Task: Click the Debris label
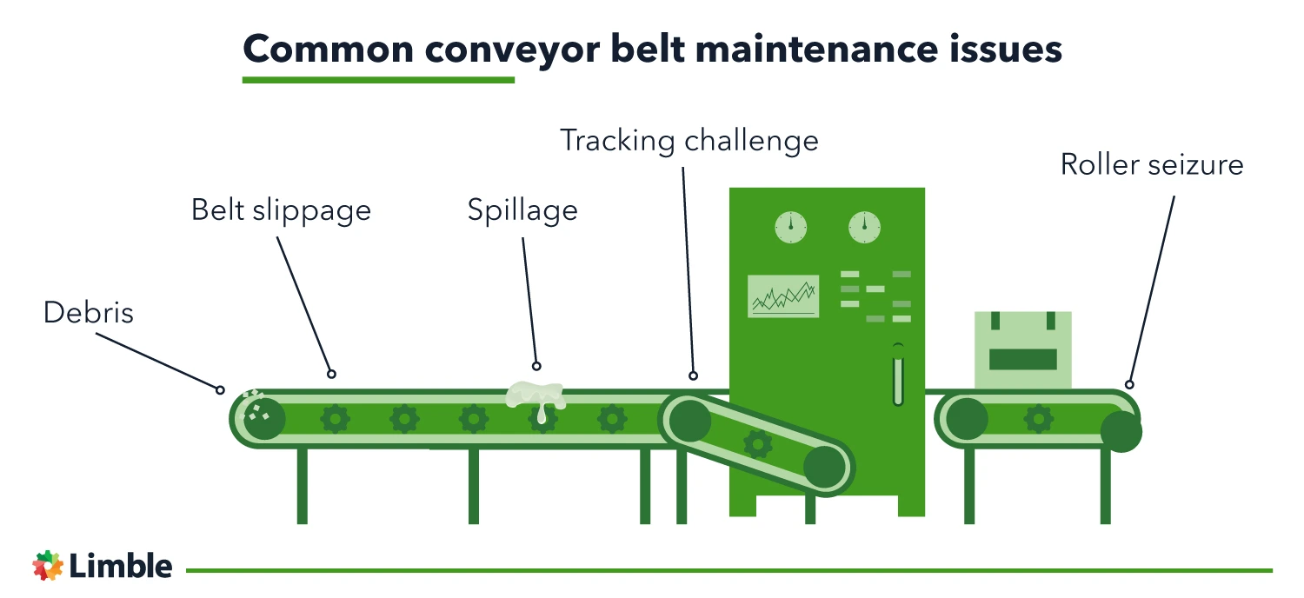(89, 313)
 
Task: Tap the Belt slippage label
(281, 210)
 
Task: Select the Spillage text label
(522, 210)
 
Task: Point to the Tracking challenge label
(689, 141)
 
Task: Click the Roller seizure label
(1151, 164)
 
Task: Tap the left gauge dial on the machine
(791, 228)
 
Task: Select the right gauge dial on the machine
(864, 228)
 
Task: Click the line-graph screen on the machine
(783, 296)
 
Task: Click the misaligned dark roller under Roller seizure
(1121, 431)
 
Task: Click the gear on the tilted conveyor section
(757, 444)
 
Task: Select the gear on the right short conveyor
(1038, 419)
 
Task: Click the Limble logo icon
(48, 566)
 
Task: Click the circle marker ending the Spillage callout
(536, 366)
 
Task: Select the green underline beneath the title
(378, 80)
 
